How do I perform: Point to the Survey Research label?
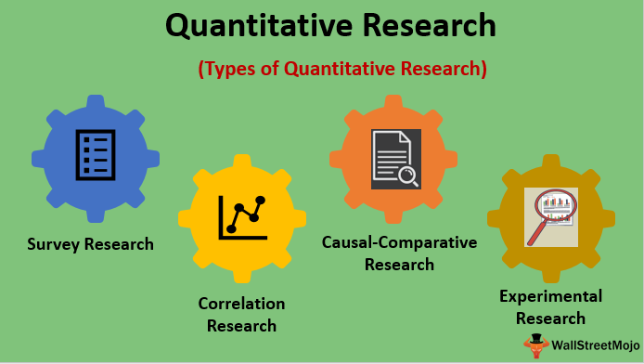pos(90,245)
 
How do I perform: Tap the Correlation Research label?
pos(241,314)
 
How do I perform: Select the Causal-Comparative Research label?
pos(399,253)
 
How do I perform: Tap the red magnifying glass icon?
pos(551,215)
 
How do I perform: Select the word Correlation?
pos(241,304)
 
